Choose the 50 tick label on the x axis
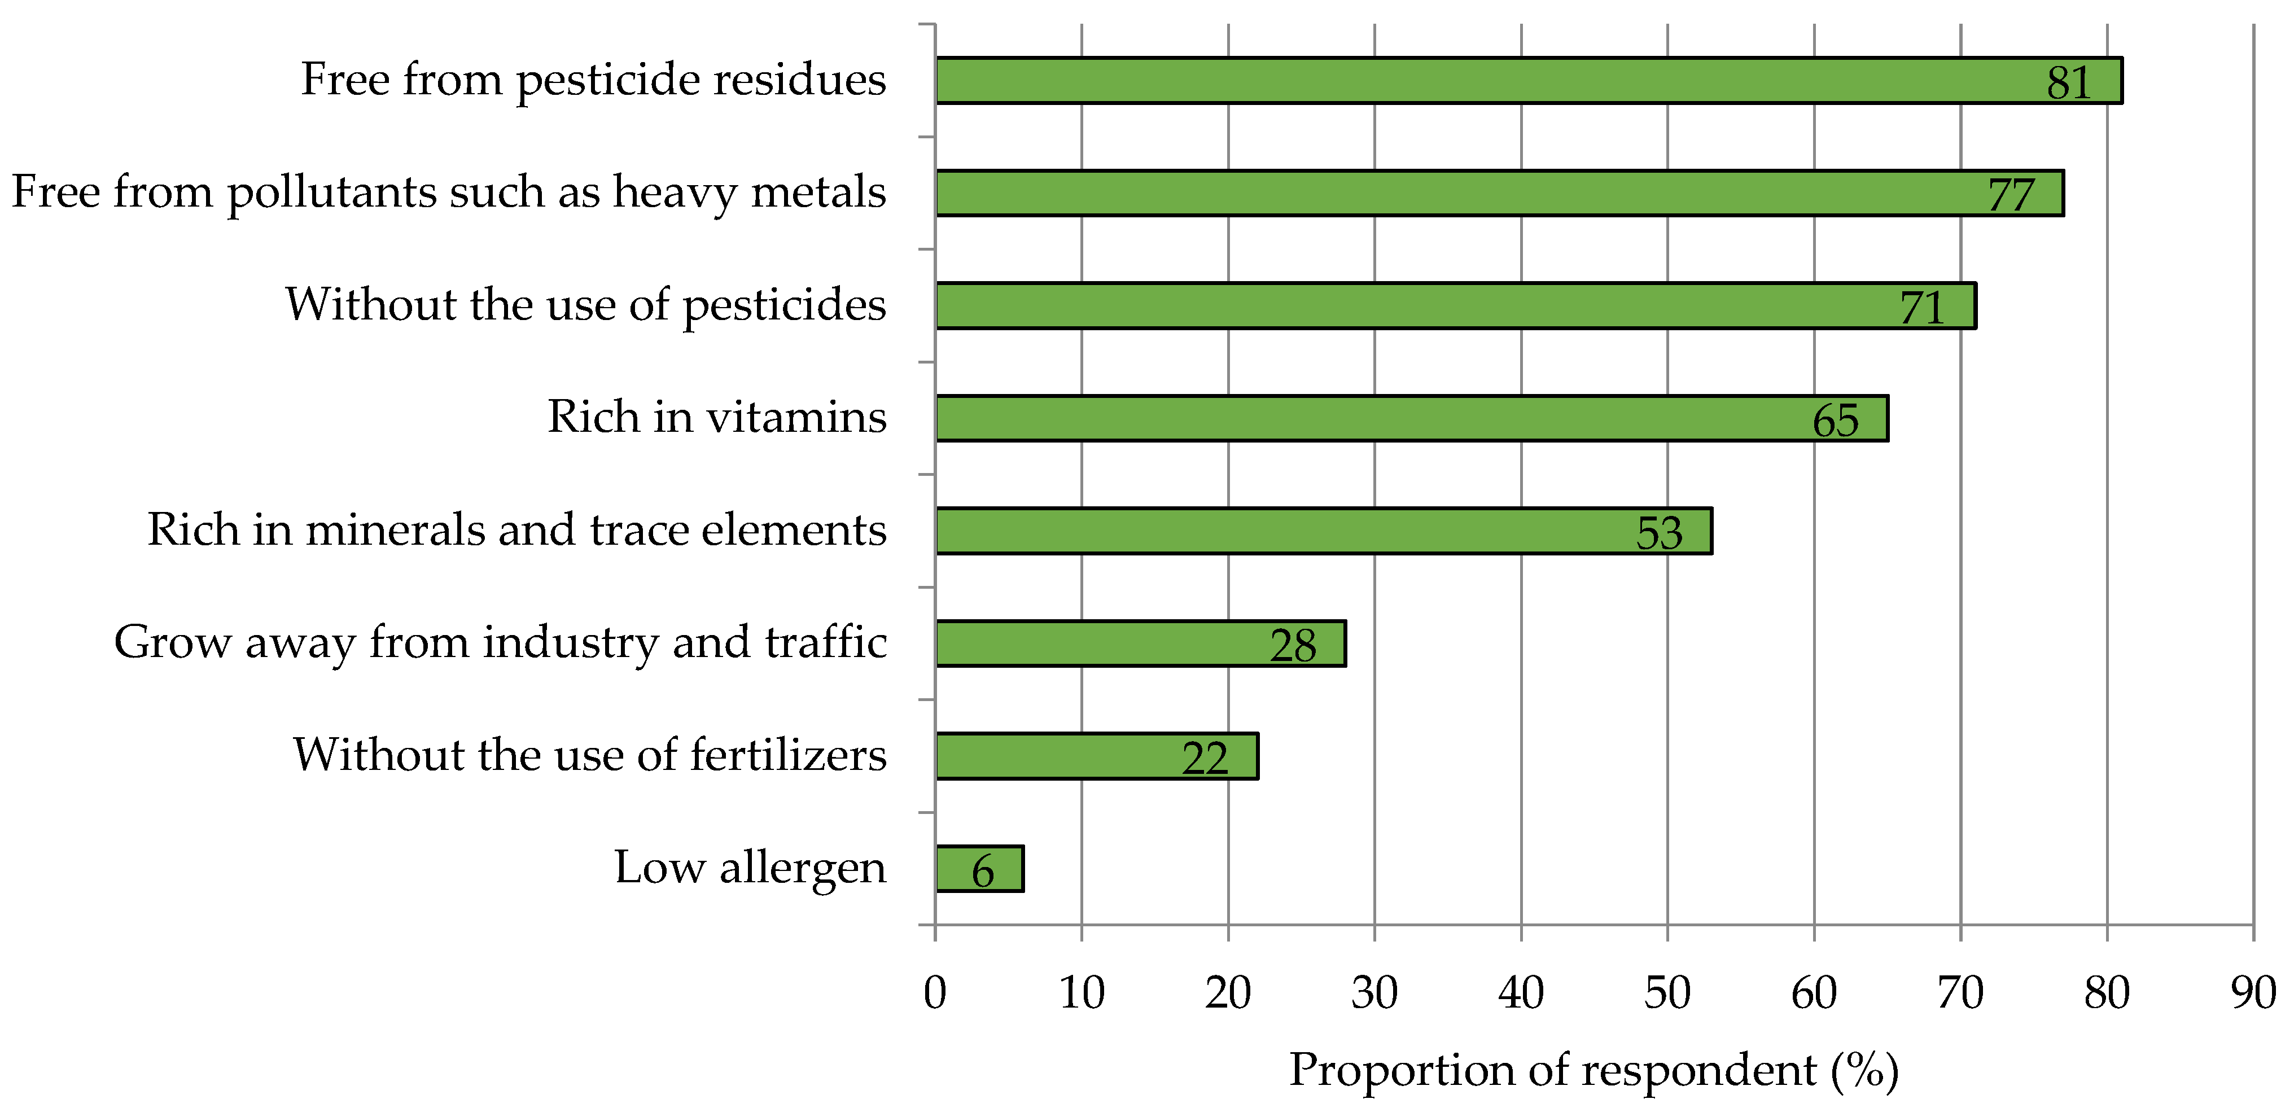point(1667,993)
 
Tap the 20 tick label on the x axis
point(1228,993)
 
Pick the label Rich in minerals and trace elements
point(516,529)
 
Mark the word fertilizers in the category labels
point(788,755)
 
